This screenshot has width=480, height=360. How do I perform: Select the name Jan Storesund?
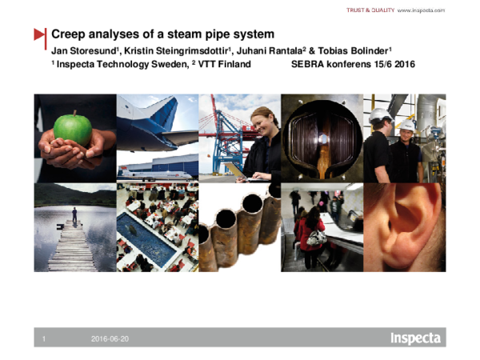click(78, 51)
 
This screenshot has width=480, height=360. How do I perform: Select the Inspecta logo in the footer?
click(414, 338)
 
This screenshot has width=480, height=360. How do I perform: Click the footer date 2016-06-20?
click(110, 340)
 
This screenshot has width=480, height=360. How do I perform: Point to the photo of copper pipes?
click(239, 228)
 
